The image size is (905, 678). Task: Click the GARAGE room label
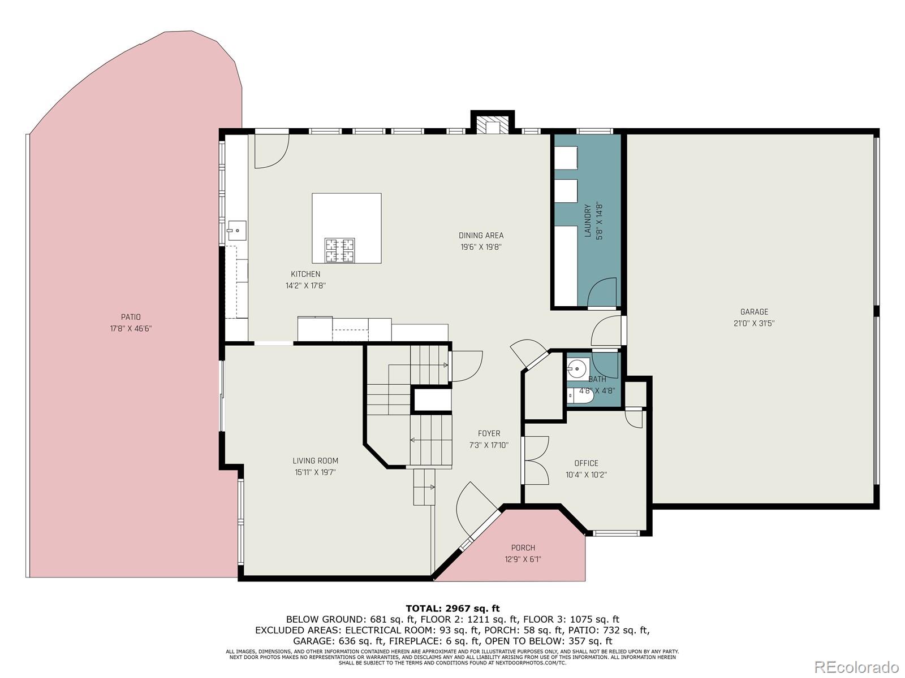pyautogui.click(x=754, y=312)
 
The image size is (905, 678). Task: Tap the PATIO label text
pyautogui.click(x=131, y=317)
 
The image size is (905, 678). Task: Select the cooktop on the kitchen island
pyautogui.click(x=339, y=250)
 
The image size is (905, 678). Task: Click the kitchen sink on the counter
pyautogui.click(x=237, y=230)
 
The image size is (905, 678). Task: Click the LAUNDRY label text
pyautogui.click(x=587, y=220)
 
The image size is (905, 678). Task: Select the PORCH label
pyautogui.click(x=523, y=547)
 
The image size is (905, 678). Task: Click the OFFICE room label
pyautogui.click(x=586, y=463)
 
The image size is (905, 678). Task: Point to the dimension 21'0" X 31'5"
pyautogui.click(x=754, y=324)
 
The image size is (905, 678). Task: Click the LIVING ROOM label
pyautogui.click(x=315, y=460)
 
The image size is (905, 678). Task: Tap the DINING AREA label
pyautogui.click(x=481, y=236)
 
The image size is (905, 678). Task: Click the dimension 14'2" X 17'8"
pyautogui.click(x=305, y=286)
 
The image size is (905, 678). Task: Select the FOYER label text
pyautogui.click(x=489, y=433)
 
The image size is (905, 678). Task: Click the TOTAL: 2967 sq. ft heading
pyautogui.click(x=453, y=609)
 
